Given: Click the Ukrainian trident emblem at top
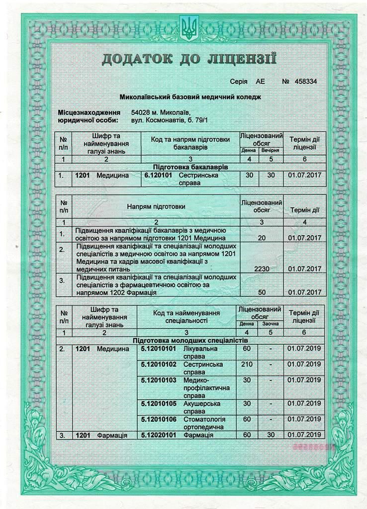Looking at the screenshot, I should pos(188,28).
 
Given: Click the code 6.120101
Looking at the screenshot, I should pos(158,175).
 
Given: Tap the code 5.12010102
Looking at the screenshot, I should pos(159,364).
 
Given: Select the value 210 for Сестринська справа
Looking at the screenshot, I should pos(247,364).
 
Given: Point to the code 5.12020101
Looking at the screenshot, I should pos(159,435).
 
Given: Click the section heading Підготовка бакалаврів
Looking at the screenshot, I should pos(191,167).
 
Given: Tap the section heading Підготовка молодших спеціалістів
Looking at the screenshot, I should pos(190,341).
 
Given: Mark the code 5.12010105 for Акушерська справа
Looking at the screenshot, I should pos(159,404).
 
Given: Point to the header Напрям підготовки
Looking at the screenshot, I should pos(156,206).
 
